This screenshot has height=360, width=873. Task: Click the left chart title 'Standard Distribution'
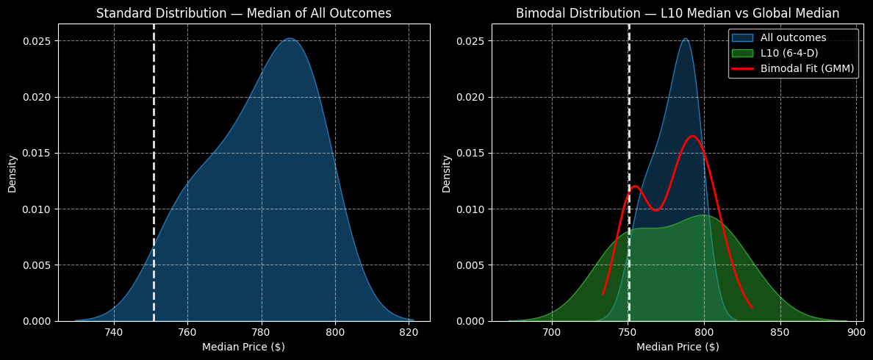(243, 13)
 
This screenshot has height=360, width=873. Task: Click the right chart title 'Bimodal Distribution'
(677, 13)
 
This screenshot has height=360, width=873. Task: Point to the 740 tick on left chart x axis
(114, 331)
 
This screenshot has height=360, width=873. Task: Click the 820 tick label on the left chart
(409, 331)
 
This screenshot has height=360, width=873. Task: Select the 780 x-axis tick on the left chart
(262, 331)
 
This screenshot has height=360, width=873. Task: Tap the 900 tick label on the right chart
(856, 331)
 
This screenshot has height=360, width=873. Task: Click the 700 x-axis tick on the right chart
(553, 331)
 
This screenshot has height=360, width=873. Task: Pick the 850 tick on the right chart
(780, 331)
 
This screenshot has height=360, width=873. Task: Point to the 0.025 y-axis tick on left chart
(37, 41)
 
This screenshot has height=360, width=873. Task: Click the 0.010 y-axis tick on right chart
(471, 209)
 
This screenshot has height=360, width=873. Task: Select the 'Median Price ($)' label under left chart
(243, 347)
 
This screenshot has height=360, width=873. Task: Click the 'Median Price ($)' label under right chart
(678, 347)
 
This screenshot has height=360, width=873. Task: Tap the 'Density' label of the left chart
(12, 173)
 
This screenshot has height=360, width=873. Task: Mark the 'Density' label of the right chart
(447, 173)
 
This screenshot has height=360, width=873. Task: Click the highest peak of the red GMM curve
(692, 136)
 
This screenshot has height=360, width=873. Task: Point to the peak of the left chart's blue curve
(290, 39)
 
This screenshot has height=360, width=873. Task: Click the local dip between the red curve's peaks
(655, 210)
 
